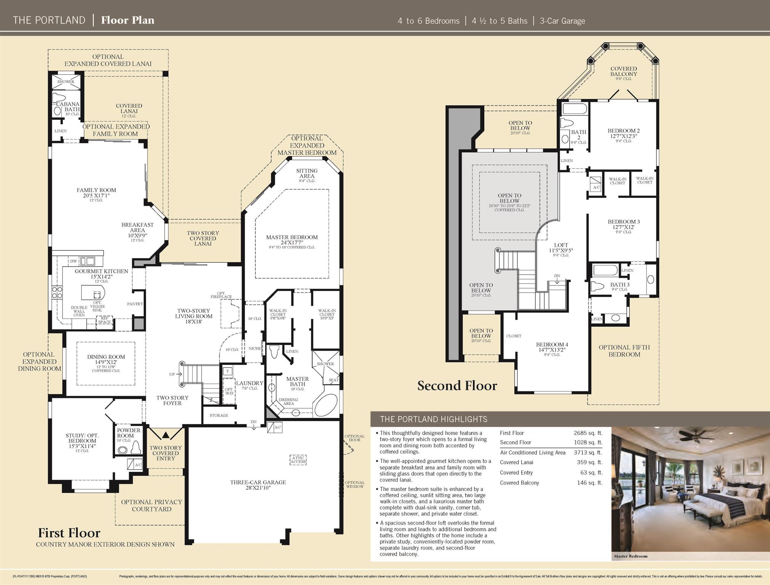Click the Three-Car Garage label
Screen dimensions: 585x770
[x=258, y=485]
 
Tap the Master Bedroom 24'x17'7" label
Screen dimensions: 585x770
[x=292, y=240]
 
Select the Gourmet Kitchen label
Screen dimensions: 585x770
[x=101, y=274]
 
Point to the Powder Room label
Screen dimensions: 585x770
[x=128, y=433]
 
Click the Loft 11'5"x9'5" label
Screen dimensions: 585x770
[x=561, y=248]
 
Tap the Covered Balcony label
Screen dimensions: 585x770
[x=623, y=72]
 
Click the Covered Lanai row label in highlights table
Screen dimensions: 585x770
[x=516, y=462]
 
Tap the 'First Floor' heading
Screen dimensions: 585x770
[x=69, y=532]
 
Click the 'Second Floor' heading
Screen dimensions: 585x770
[x=457, y=385]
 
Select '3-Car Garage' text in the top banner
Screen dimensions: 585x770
[x=562, y=21]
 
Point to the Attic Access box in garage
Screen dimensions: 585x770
[x=298, y=460]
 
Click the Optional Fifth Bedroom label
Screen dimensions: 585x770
[x=624, y=351]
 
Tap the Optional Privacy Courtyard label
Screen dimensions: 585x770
[x=151, y=505]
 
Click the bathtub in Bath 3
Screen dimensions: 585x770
[x=605, y=271]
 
